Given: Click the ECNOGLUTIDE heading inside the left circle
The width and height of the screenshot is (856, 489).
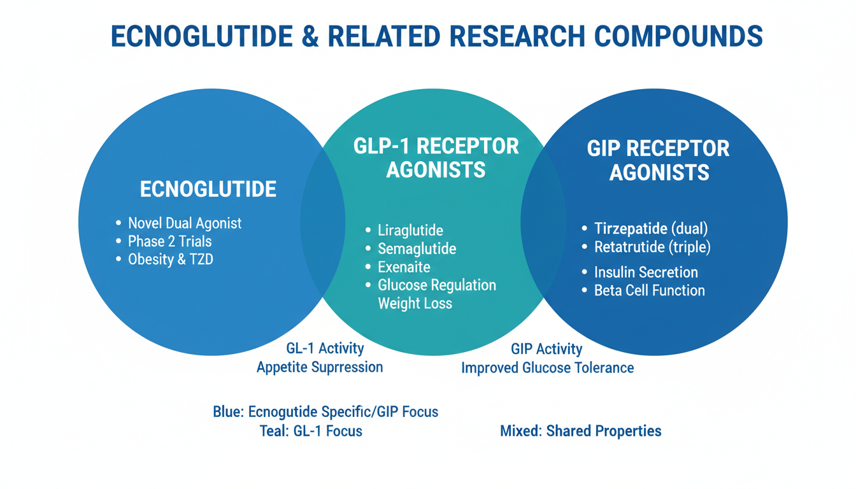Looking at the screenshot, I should coord(208,189).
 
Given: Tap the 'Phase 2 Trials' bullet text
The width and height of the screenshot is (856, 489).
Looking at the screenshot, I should coord(169,242).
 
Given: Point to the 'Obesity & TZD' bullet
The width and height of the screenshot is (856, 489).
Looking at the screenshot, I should coord(170,260).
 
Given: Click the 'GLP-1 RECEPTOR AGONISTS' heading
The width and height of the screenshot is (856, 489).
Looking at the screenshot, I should coord(436,158).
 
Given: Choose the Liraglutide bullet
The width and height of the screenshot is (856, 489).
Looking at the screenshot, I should coord(410,230).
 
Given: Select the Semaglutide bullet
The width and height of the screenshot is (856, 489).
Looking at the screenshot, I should coord(417,249).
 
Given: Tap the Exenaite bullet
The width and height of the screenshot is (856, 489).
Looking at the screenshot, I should coord(404,267).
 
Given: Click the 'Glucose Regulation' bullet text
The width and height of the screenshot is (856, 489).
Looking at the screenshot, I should coord(436,285).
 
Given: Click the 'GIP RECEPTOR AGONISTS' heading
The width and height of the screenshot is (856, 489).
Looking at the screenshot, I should coord(659,160).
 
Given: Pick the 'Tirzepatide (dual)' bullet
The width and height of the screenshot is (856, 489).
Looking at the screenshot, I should coord(651,229).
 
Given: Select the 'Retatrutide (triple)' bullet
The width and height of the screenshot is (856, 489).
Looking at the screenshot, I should coord(652,247).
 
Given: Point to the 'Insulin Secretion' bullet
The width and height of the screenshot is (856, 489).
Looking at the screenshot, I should coord(646,273).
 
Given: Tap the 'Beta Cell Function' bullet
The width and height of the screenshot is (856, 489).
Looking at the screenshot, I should coord(649,291).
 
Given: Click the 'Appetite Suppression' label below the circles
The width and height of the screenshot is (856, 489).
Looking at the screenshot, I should coord(320,367).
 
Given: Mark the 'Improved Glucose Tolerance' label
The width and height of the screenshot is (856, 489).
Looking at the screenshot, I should coord(547,368).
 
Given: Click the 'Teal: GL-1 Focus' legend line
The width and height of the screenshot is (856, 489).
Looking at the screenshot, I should coord(311,431).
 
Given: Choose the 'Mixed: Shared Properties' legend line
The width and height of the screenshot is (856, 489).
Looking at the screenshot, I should coord(580,431).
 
